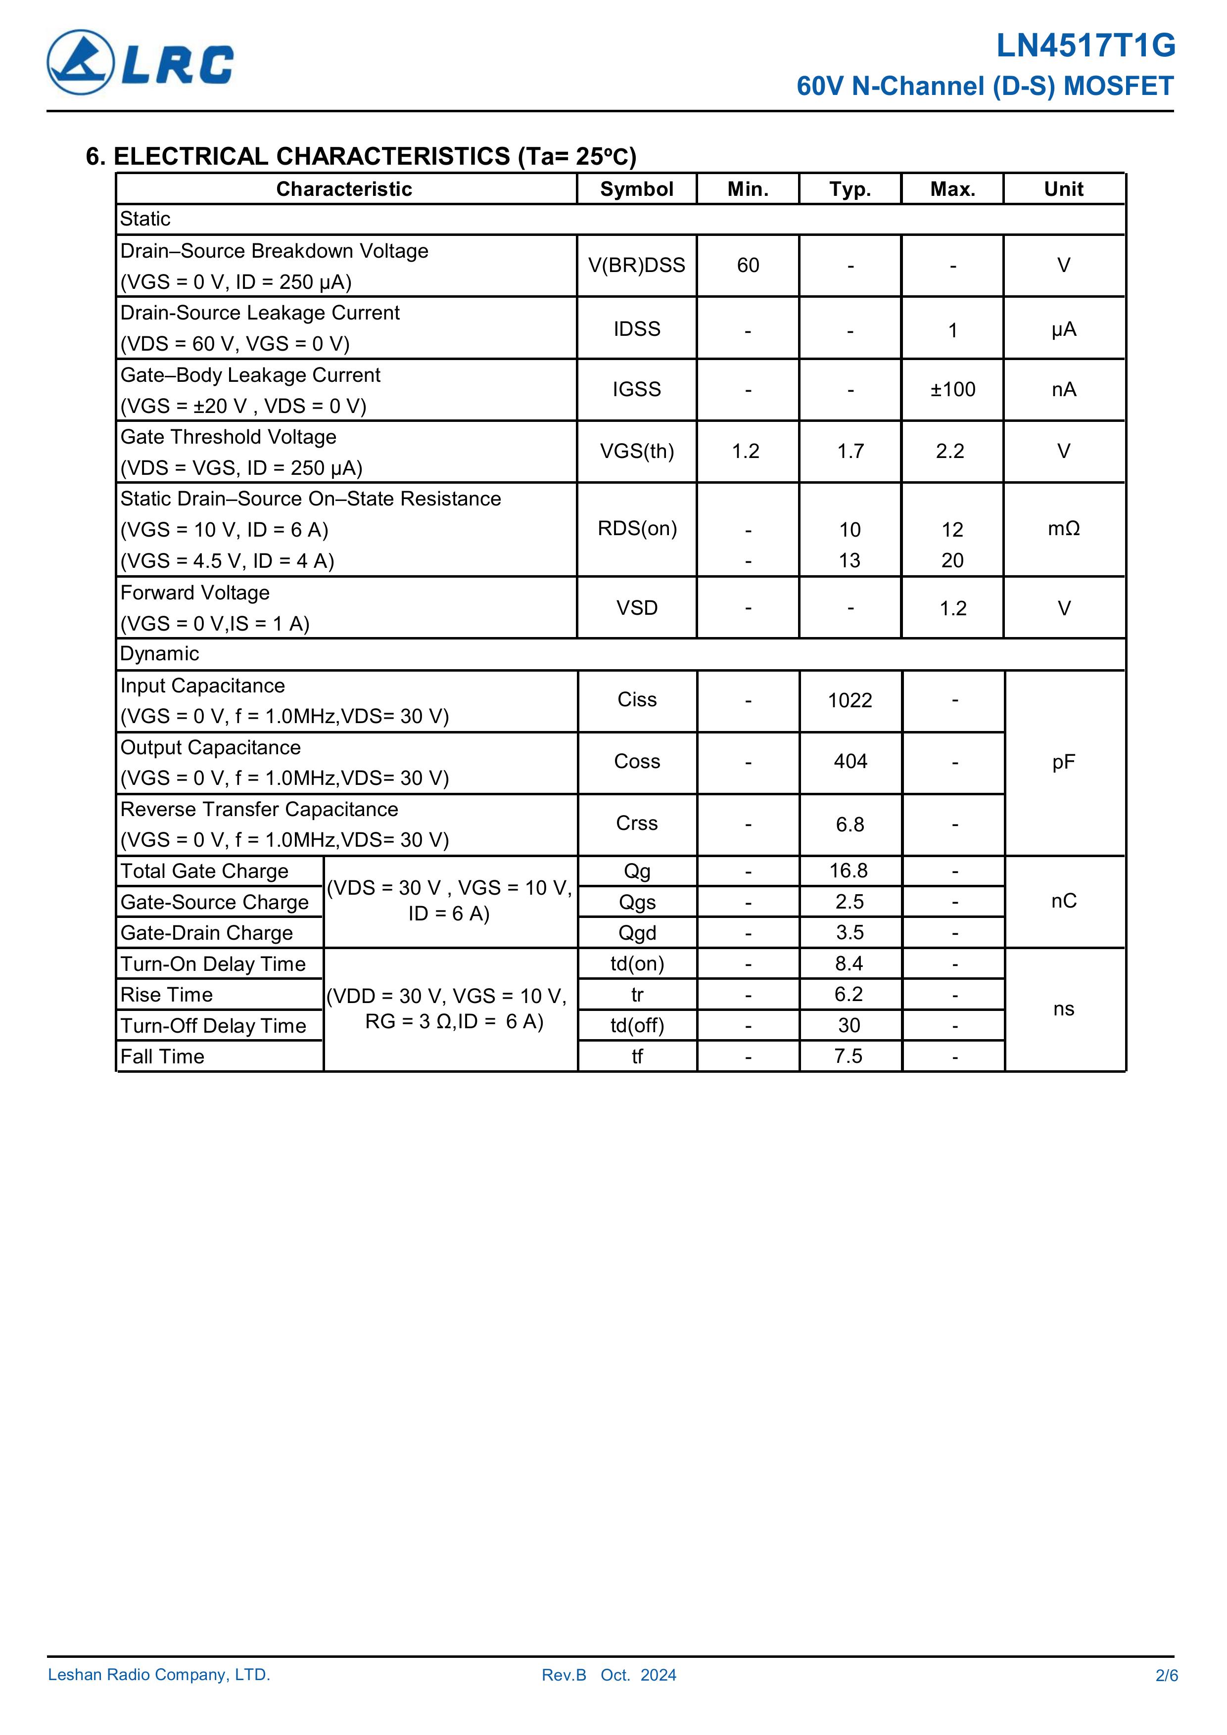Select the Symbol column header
point(637,189)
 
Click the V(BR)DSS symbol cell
point(637,265)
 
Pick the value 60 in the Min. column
point(748,265)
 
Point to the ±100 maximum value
point(952,389)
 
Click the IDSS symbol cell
point(637,329)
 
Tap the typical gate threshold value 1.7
point(850,451)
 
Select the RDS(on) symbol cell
point(637,528)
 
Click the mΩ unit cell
point(1064,528)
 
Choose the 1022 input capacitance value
point(850,700)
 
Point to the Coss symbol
point(637,762)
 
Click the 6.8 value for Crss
point(850,824)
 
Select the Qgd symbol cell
point(637,933)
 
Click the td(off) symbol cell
point(637,1025)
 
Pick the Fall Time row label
point(163,1056)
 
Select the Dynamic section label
point(159,654)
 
